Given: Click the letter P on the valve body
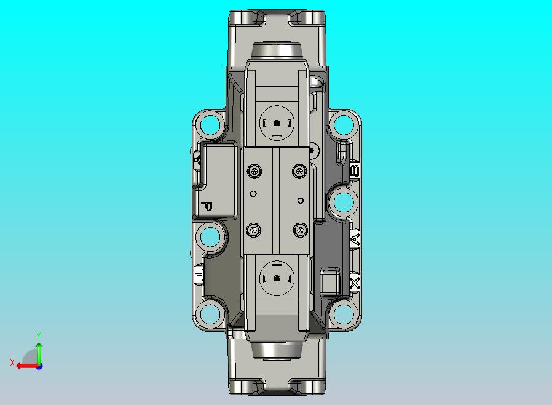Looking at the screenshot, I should pos(207,206).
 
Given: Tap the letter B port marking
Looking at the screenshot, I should pos(354,170).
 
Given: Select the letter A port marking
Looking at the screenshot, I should pos(355,239).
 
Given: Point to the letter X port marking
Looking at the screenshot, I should pos(355,284).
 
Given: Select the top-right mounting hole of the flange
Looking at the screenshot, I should pos(343,126).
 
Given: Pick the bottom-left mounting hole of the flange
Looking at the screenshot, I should pos(210,314).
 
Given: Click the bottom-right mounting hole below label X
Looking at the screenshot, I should pos(343,314).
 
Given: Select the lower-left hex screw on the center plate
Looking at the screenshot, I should pos(253,230).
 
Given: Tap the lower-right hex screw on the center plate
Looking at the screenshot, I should pos(299,230).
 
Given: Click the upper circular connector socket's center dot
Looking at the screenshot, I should pos(277,123).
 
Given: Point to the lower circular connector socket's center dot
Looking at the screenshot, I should pos(277,278).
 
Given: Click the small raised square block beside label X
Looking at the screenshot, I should pos(330,282).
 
